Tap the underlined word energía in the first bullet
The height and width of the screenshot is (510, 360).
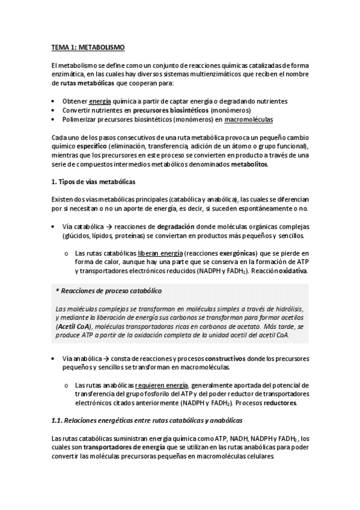click(100, 102)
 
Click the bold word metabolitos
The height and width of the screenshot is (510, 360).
click(249, 165)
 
